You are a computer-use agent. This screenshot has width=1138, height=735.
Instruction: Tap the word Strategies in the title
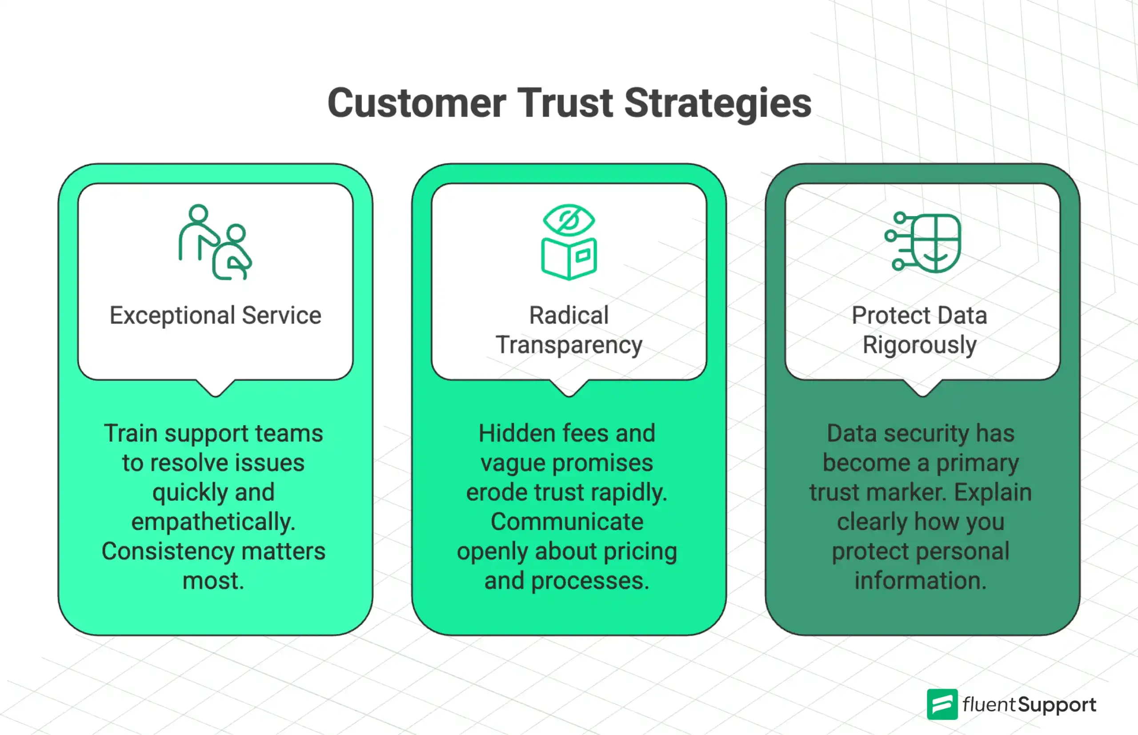(717, 104)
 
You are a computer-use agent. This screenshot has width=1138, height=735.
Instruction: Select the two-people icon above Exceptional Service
(215, 242)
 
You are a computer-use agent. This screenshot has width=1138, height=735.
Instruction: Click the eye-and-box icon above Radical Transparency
(569, 242)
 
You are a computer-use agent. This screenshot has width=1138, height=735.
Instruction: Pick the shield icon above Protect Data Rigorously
(923, 242)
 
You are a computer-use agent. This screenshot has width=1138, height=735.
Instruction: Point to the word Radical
(569, 316)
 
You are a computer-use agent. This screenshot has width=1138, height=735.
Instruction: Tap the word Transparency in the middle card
(569, 345)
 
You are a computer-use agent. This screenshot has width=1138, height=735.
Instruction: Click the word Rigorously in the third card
(919, 345)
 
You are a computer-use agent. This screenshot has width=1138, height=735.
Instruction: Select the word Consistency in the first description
(168, 551)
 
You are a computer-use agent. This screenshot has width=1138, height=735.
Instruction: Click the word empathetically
(213, 522)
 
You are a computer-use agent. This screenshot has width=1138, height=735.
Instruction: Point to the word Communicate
(567, 522)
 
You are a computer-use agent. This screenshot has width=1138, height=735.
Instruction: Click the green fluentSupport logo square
(942, 704)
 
